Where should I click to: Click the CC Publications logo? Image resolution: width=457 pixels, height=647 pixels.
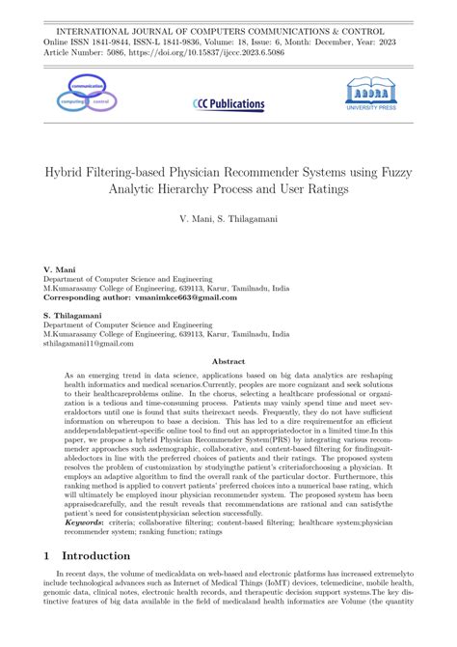click(228, 103)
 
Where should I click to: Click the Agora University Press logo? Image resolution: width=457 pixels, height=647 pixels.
click(372, 97)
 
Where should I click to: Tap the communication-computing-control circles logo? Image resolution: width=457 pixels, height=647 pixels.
click(82, 97)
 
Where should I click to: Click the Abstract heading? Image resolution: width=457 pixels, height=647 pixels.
click(228, 359)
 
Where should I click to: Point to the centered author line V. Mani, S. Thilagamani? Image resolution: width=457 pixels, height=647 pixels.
click(228, 221)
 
